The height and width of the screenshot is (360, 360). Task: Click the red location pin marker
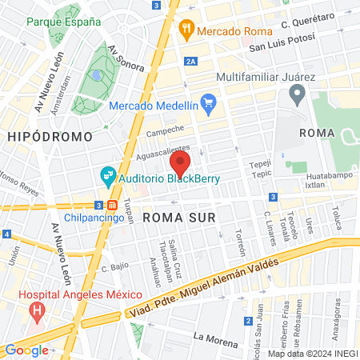179,164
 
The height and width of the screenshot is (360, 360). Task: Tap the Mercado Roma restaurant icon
186,30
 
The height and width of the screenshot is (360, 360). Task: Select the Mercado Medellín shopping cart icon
209,102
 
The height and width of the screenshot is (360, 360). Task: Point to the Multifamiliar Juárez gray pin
297,96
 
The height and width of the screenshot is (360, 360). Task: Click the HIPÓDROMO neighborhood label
50,137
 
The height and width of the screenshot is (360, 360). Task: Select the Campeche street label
166,129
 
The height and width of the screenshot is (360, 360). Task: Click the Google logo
26,350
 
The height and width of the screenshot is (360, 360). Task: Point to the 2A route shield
190,61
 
